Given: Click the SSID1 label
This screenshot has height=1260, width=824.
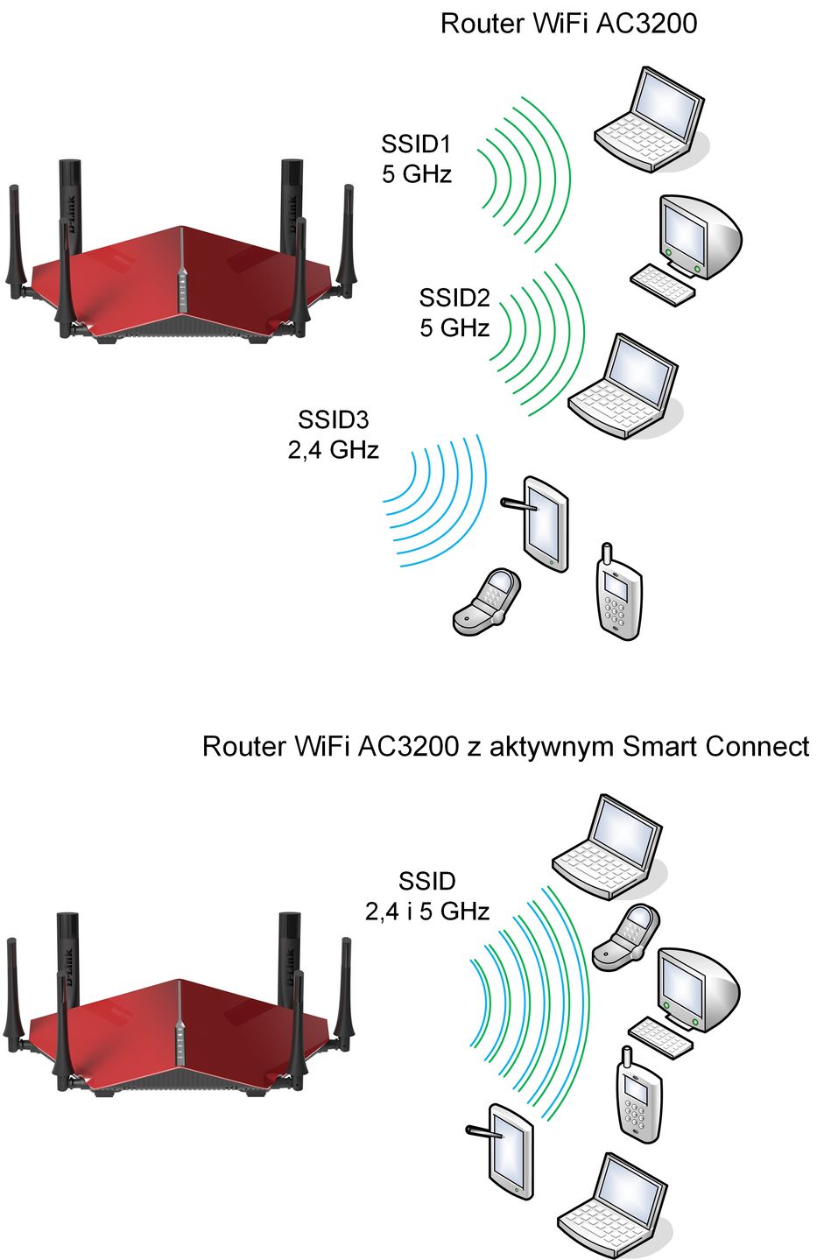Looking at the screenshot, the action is [416, 144].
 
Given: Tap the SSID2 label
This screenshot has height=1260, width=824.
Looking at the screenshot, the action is [454, 298].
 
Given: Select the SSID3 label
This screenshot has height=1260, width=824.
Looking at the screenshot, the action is [333, 419].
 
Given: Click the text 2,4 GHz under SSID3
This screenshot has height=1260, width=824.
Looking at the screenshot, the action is [333, 450].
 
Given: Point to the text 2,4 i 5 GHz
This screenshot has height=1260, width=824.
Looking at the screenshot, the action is [427, 912].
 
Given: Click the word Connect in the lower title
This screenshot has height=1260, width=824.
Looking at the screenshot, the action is [757, 746].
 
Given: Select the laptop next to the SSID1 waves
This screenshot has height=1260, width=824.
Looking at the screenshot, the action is [651, 120].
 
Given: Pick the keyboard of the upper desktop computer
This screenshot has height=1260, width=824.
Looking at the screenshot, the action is [661, 285].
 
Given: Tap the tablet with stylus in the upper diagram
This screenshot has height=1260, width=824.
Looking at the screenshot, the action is [540, 524].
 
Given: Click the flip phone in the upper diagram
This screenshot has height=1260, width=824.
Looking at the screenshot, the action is [487, 602].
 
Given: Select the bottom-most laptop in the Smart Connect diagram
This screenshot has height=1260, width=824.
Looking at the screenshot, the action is [614, 1206].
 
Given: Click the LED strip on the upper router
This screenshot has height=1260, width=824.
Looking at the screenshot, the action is [181, 289].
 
